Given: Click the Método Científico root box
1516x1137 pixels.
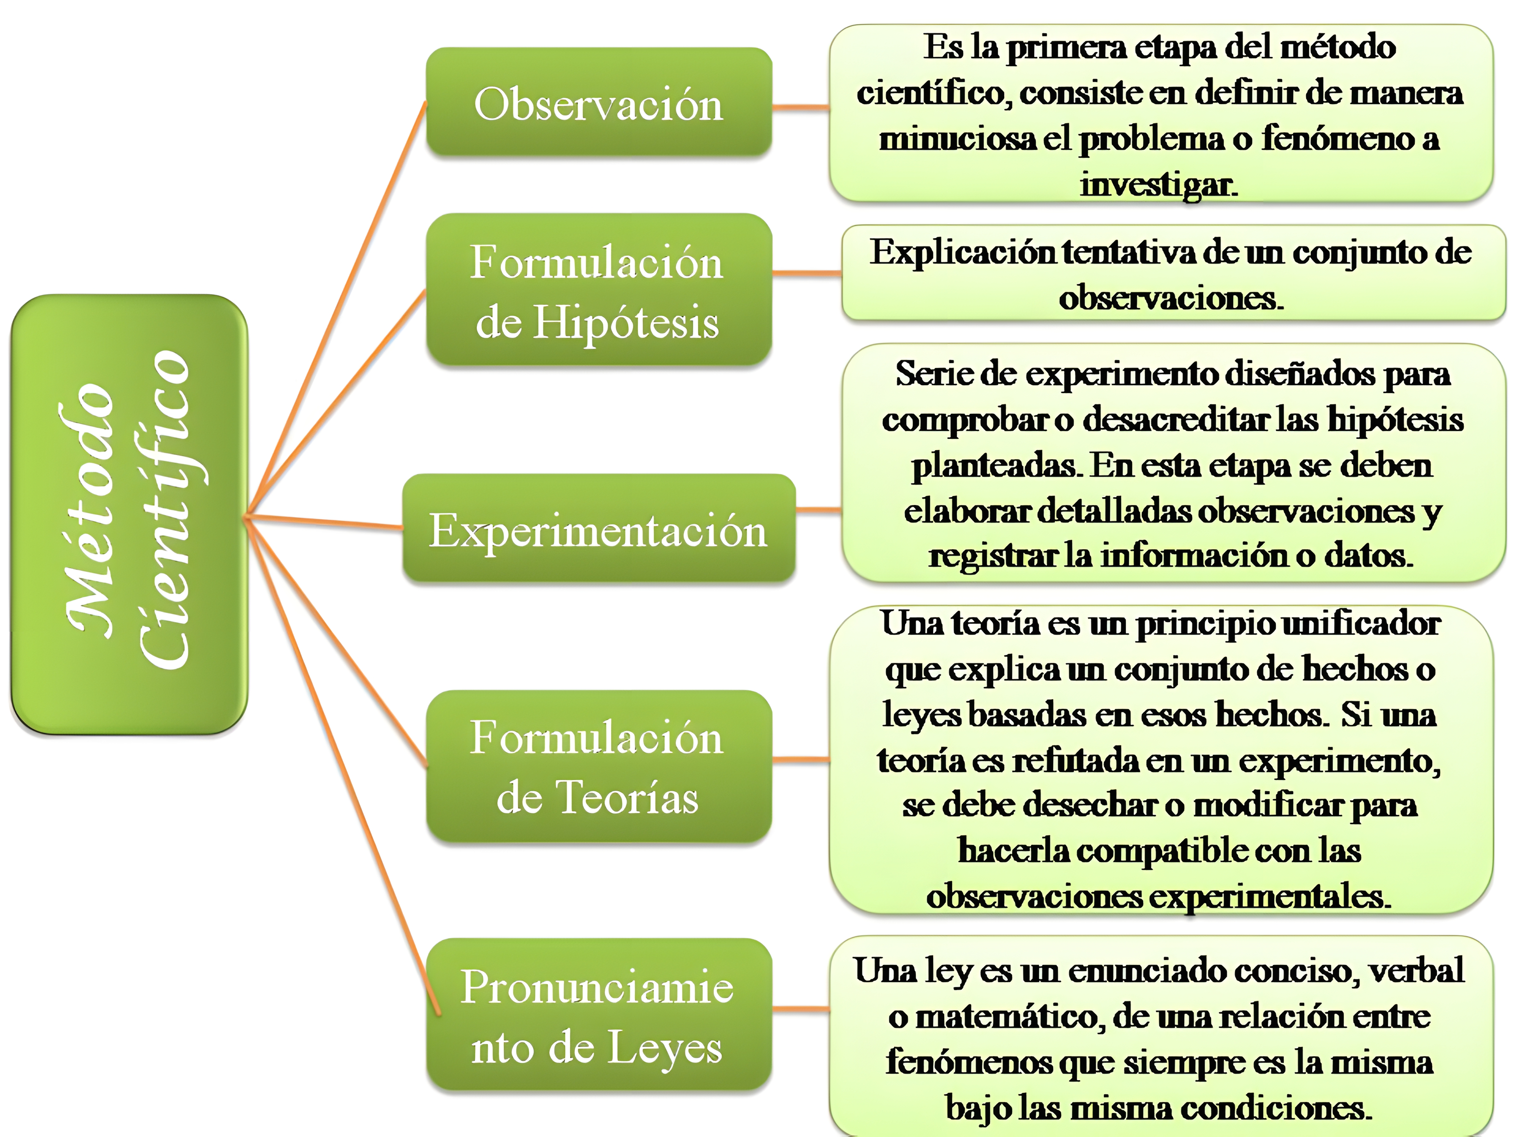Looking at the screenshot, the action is click(129, 514).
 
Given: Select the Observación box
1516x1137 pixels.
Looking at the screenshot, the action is click(598, 103).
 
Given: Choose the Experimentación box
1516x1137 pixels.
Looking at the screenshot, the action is click(598, 529).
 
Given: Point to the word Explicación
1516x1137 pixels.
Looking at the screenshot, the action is click(963, 252).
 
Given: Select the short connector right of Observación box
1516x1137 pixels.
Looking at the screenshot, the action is click(801, 107).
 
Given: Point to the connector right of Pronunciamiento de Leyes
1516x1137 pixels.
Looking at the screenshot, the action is click(801, 1009).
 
